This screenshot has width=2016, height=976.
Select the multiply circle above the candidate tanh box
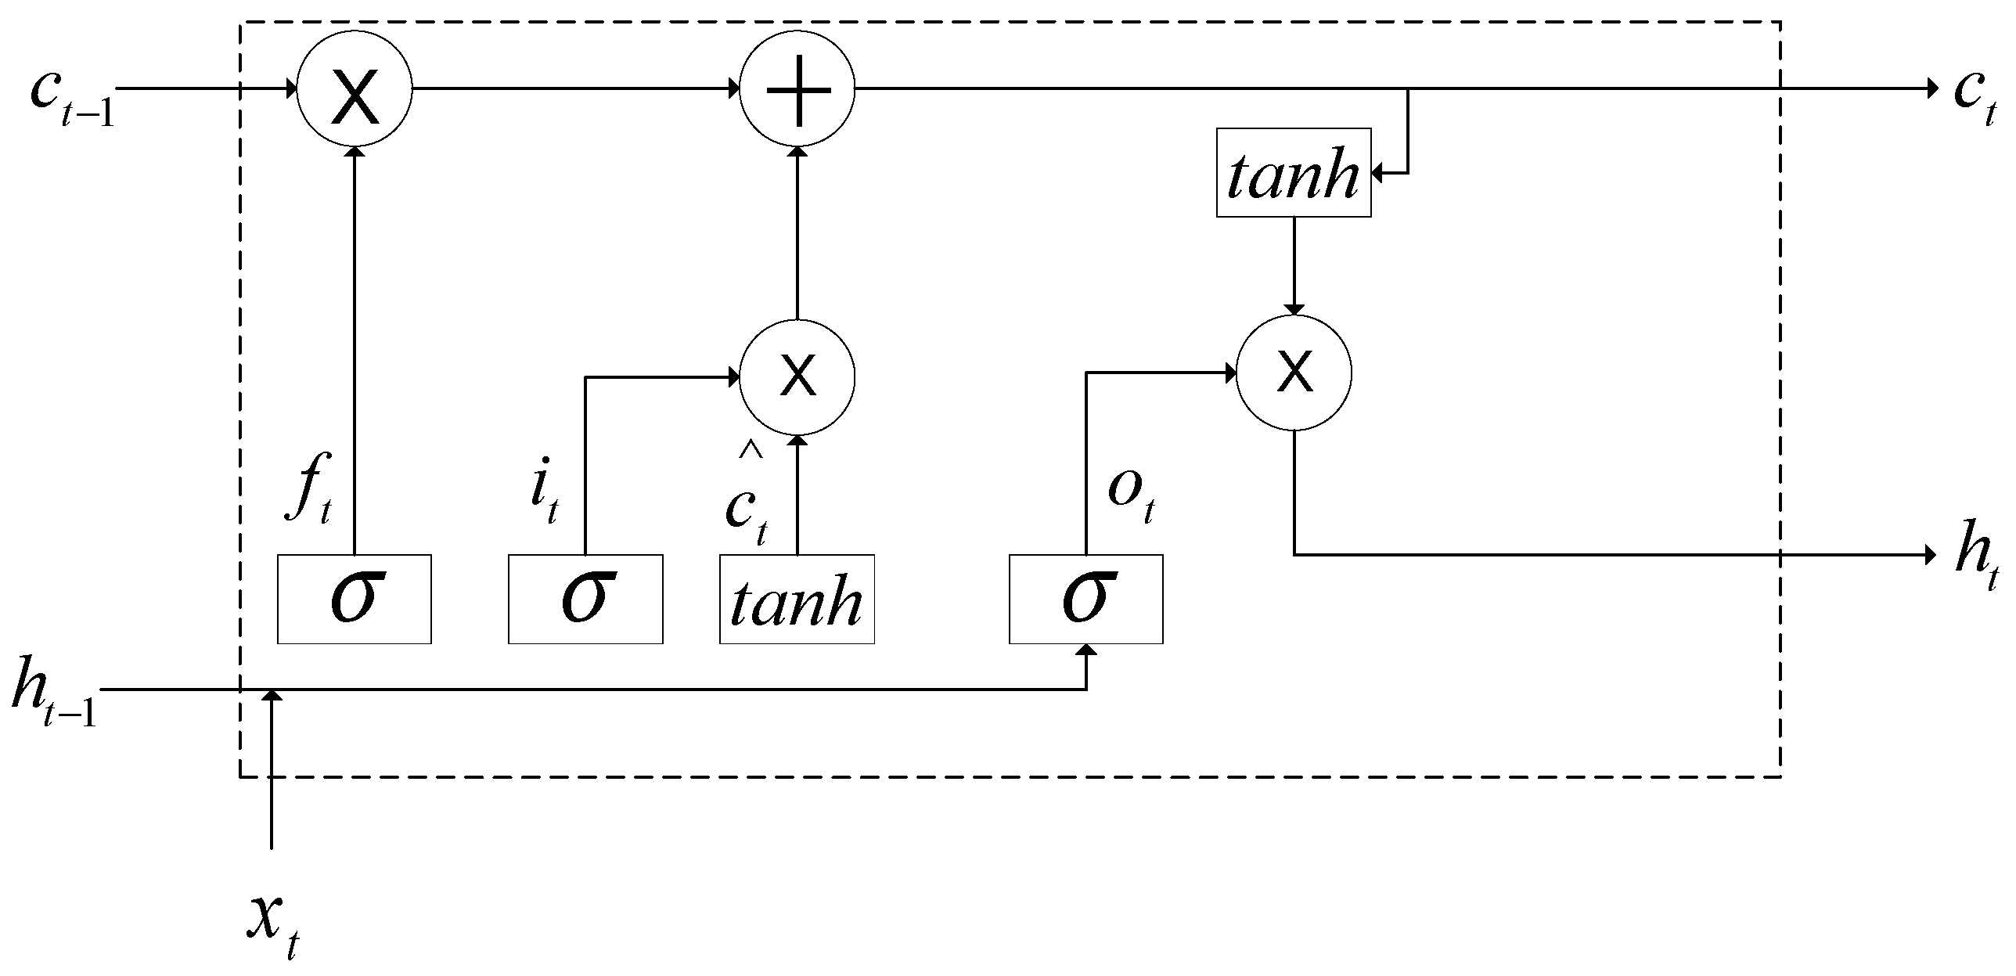click(x=797, y=377)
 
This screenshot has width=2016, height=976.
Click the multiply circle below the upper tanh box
click(x=1294, y=373)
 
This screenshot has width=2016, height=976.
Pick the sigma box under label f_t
click(x=355, y=599)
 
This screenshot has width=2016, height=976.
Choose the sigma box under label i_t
click(x=585, y=599)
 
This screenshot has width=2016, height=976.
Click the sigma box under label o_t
click(x=1085, y=599)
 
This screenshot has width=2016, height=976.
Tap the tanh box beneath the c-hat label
click(x=797, y=599)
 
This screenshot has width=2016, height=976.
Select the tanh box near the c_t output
click(x=1294, y=173)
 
